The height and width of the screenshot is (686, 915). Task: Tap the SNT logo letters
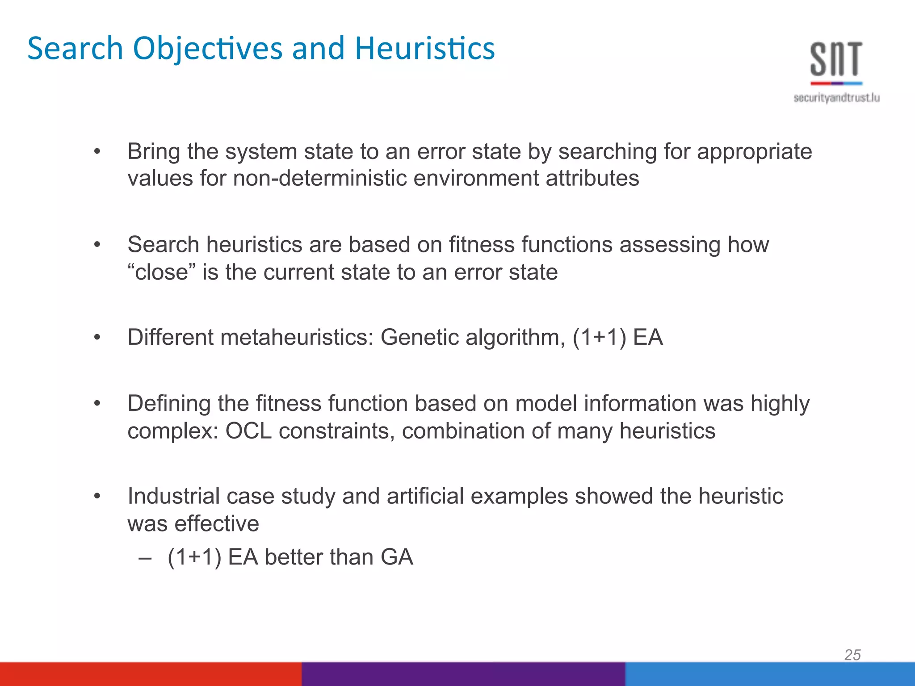coord(836,59)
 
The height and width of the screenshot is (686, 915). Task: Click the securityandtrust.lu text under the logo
coord(836,98)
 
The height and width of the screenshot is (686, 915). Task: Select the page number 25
coord(852,655)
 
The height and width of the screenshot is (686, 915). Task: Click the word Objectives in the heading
coord(208,48)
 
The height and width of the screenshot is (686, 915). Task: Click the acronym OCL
coord(248,431)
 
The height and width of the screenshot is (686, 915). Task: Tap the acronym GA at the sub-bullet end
coord(397,557)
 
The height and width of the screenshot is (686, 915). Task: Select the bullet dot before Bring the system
coord(97,152)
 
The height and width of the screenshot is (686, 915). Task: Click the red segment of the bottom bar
coord(151,674)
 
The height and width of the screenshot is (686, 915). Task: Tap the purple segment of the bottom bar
coord(463,674)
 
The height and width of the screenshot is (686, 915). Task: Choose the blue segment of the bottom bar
coord(769,674)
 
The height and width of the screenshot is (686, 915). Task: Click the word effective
coord(217,523)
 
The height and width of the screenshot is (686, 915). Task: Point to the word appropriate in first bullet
coord(755,152)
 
